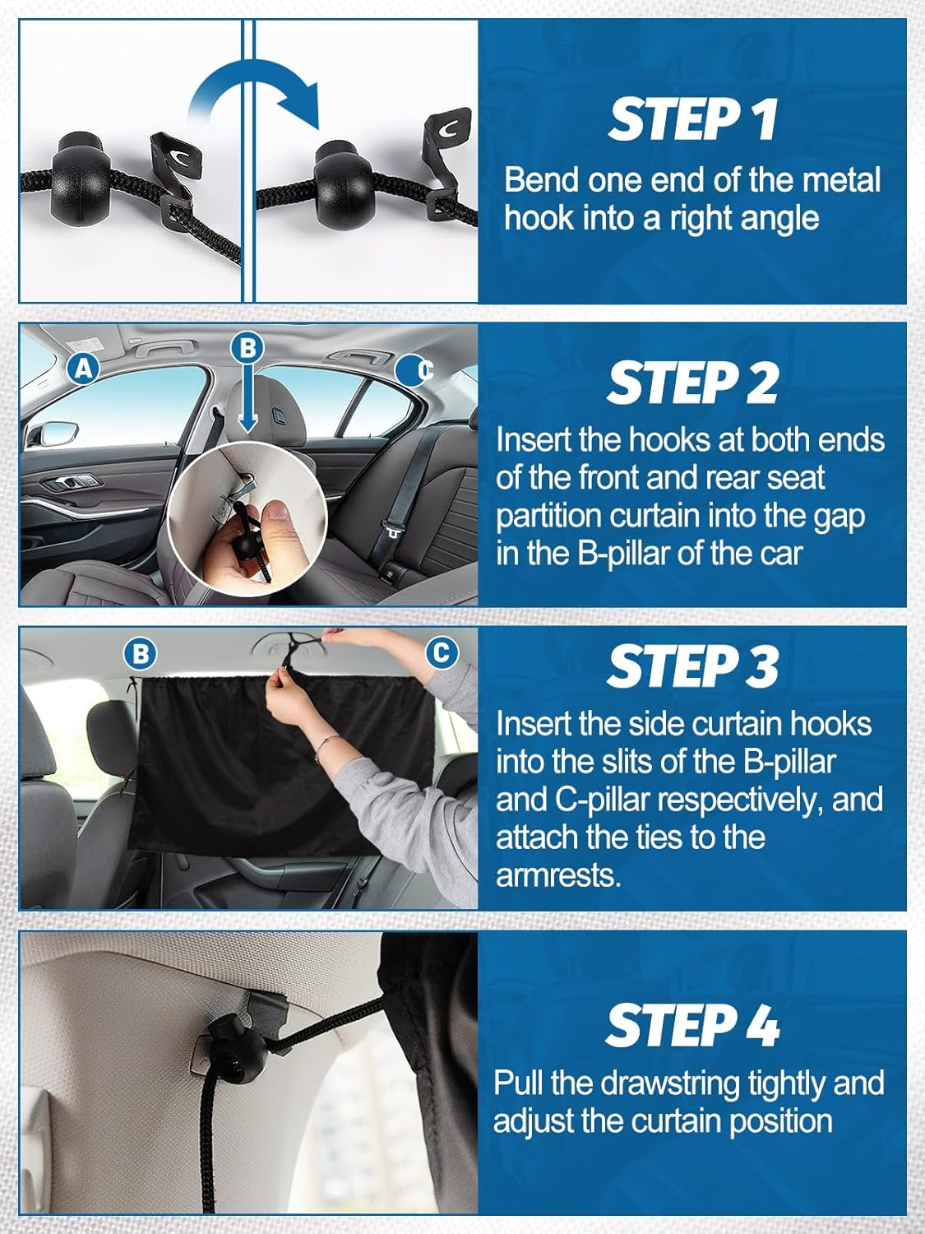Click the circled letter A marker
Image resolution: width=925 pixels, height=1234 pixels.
[x=83, y=369]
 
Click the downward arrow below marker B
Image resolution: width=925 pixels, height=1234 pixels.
[x=247, y=400]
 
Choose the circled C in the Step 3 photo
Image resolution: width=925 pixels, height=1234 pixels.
[x=442, y=652]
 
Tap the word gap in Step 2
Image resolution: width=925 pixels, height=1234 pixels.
[x=839, y=518]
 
